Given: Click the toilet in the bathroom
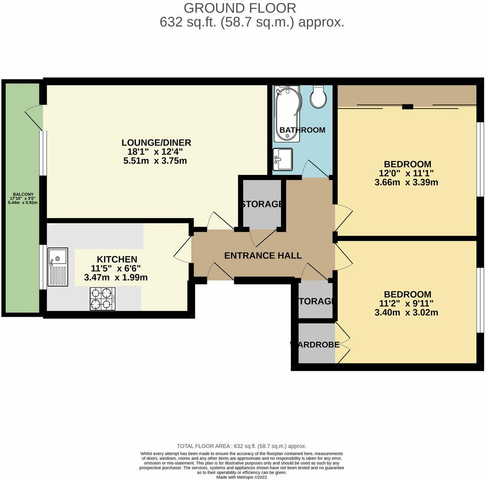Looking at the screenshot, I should [x=318, y=97].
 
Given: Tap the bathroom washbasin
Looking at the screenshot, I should [x=283, y=159].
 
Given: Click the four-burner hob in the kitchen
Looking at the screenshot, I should [x=103, y=299].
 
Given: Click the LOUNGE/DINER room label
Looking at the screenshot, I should [x=156, y=143].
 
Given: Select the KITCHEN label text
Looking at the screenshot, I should [x=117, y=259].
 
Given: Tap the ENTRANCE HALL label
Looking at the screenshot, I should [x=263, y=256].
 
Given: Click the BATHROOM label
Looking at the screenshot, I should [x=302, y=130].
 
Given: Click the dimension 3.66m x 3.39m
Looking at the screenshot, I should [x=406, y=182].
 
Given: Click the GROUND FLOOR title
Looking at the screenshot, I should [x=240, y=8].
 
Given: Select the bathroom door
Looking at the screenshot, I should [x=317, y=169].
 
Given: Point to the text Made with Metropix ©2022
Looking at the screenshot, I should [x=241, y=477].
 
